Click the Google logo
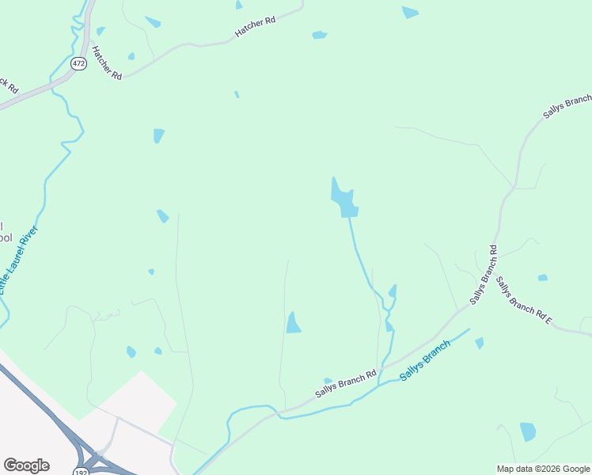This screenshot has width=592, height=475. coord(26,465)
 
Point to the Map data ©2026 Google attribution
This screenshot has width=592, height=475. coord(542,468)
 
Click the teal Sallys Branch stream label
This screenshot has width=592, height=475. coord(425,361)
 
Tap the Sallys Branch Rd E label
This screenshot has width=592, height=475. coord(523,302)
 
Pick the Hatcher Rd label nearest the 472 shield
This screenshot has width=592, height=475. coord(107,63)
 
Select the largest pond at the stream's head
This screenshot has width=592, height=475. coord(343,199)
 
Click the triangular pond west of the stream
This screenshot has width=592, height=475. coord(293,323)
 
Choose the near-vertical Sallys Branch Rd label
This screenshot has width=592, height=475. coord(483,275)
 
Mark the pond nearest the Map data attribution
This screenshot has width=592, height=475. coord(528,431)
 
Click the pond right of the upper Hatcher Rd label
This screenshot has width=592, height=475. coord(320,35)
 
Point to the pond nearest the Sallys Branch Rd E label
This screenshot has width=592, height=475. coord(542,278)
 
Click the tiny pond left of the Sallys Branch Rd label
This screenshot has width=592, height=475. coord(328,381)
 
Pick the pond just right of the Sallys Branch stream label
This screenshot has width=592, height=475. coord(479,343)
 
